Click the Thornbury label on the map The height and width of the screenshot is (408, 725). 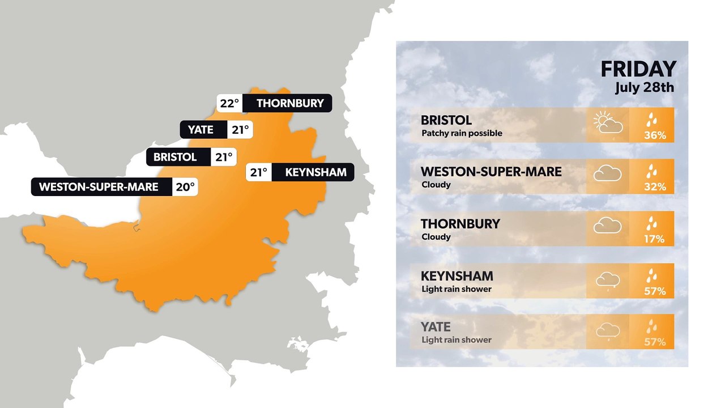(290, 103)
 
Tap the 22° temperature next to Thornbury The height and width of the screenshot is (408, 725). (230, 103)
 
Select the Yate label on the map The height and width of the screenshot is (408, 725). (201, 130)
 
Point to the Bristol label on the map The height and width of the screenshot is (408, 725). (175, 157)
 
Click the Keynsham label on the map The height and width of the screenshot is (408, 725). (315, 172)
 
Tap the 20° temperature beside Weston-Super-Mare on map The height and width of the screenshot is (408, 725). (185, 186)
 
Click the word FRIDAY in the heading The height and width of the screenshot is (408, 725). (638, 69)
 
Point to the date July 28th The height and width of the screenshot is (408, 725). (645, 88)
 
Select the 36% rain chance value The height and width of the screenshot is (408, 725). (654, 135)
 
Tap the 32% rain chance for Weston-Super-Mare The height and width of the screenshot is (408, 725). (654, 187)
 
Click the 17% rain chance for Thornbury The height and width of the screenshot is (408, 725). (654, 239)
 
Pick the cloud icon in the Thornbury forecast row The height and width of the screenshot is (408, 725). (607, 227)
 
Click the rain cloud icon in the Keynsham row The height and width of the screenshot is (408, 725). (607, 280)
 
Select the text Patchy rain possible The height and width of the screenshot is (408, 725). (462, 134)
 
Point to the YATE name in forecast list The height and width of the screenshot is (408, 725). (436, 327)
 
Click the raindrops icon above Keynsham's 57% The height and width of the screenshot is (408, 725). (653, 275)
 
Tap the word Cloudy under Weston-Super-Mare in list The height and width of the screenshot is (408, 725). (436, 185)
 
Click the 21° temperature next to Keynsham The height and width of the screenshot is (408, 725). (259, 172)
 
